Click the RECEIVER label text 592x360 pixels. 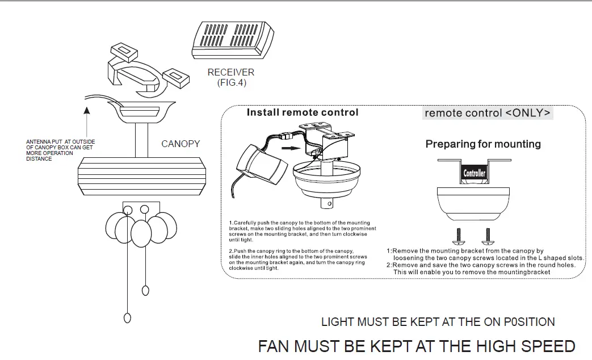click(x=230, y=73)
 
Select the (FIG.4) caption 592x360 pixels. click(x=232, y=83)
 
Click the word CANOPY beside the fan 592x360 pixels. click(x=180, y=144)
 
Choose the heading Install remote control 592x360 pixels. click(x=303, y=112)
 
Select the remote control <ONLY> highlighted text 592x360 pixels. click(x=488, y=113)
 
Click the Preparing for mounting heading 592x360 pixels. click(x=483, y=144)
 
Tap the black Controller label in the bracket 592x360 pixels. click(x=475, y=173)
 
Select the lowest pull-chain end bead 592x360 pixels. click(x=127, y=318)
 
